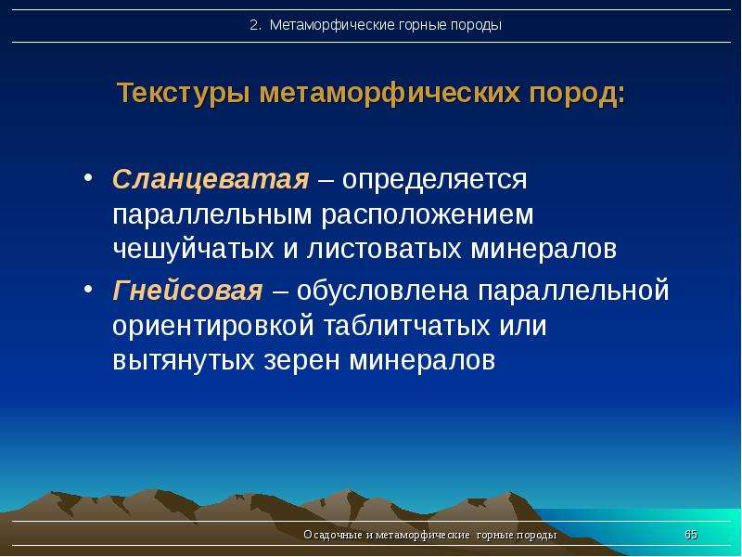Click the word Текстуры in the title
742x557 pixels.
tap(184, 94)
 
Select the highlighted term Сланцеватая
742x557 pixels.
tap(211, 180)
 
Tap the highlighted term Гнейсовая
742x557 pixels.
tap(187, 291)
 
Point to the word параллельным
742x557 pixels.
tap(212, 215)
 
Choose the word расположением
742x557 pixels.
tap(428, 215)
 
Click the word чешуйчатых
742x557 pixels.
tap(194, 249)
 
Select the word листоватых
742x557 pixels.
tap(384, 249)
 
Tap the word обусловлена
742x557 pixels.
tap(383, 291)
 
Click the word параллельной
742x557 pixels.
tap(573, 291)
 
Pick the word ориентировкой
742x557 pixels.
tap(213, 327)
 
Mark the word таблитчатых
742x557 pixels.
tap(406, 326)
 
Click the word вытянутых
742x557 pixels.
tap(184, 361)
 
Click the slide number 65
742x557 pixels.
tap(691, 535)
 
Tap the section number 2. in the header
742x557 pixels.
tap(256, 25)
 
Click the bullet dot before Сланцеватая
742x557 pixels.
tap(88, 178)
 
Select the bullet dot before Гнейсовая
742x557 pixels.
tap(88, 289)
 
